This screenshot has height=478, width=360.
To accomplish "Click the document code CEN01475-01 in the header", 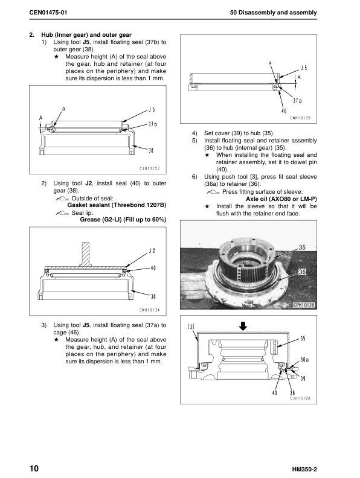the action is (48, 13).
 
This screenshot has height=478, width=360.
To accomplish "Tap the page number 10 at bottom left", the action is (34, 468).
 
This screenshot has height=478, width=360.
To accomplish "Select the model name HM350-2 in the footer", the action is (304, 470).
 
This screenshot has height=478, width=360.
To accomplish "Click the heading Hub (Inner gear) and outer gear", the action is (86, 35).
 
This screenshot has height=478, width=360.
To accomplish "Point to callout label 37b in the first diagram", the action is (153, 124).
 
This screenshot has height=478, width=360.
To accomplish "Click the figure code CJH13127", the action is (149, 168).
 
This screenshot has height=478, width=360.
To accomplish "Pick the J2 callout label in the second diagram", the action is (152, 250).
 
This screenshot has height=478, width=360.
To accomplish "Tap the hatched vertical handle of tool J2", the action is (85, 253).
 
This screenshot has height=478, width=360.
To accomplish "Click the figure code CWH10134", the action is (149, 310).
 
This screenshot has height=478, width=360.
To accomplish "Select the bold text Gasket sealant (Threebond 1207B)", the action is (117, 205).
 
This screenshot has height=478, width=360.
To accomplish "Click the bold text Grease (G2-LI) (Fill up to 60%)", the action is (123, 220).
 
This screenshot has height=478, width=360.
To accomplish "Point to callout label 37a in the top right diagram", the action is (297, 100).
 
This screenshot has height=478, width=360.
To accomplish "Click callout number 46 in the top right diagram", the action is (284, 111).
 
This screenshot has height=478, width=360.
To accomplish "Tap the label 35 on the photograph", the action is (302, 247).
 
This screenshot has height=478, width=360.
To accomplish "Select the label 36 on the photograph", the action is (302, 272).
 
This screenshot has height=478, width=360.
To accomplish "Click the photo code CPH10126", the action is (304, 305).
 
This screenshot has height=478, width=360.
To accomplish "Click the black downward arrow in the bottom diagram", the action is (243, 327).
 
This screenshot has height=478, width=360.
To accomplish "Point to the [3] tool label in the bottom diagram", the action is (191, 327).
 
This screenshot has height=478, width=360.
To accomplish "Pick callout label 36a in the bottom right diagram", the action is (304, 360).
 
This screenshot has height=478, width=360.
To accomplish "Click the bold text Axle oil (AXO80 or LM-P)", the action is (281, 199).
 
